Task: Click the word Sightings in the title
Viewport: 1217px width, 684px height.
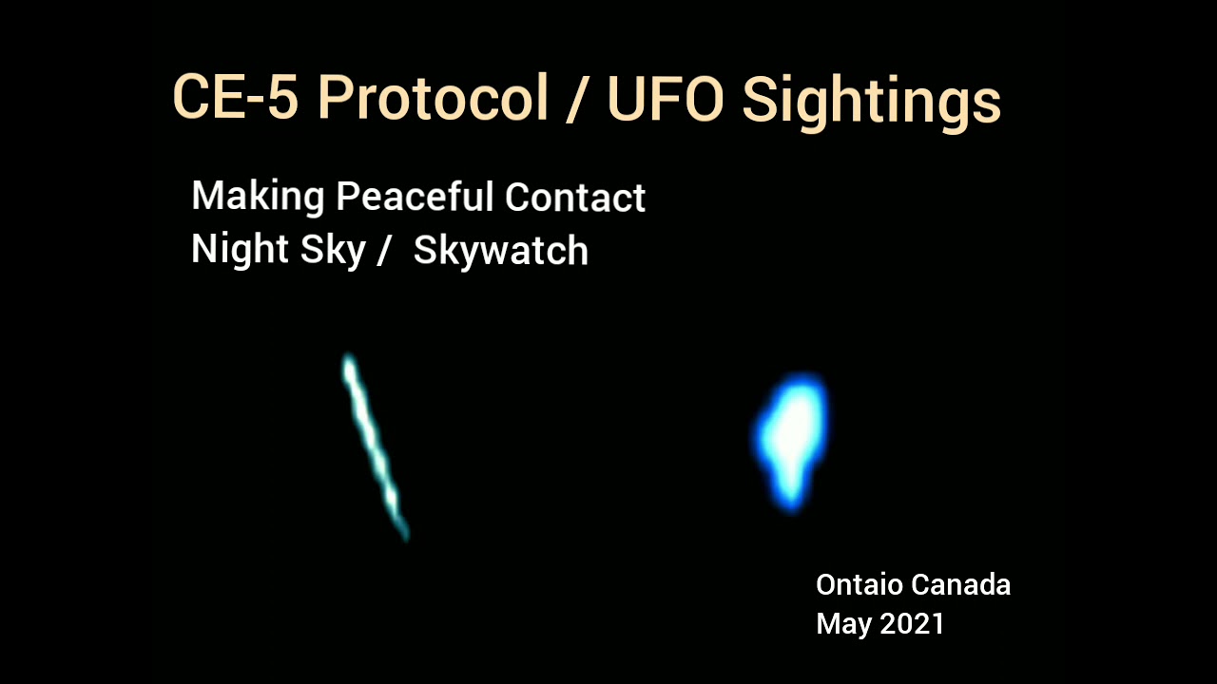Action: (871, 100)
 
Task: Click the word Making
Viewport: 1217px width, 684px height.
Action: (258, 199)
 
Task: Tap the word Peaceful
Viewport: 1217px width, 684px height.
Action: (415, 198)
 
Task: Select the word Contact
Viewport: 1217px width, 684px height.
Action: (575, 198)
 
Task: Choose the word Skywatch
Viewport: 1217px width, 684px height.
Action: (501, 251)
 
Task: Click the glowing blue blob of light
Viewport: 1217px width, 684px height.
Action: (792, 432)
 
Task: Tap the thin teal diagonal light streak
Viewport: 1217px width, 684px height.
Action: (374, 445)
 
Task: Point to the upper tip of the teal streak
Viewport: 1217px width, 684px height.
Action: (349, 361)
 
